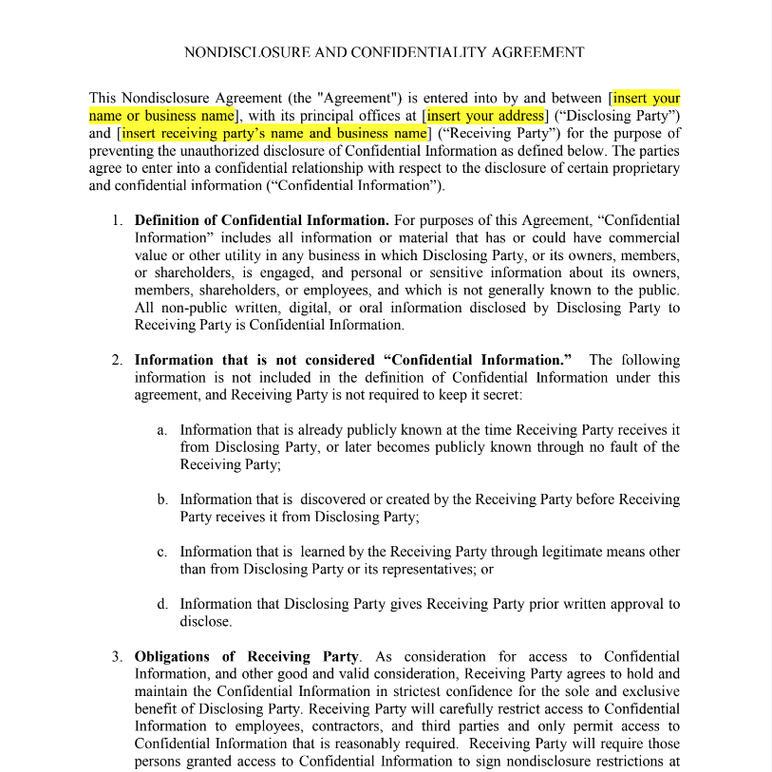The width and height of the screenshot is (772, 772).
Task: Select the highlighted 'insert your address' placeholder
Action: click(x=485, y=116)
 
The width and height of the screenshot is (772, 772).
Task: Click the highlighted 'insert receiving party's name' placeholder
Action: click(x=274, y=134)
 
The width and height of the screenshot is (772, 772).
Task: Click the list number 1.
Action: click(x=116, y=220)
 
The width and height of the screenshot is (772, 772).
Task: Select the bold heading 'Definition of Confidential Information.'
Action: click(x=261, y=220)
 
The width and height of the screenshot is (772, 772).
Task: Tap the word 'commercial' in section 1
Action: click(x=644, y=237)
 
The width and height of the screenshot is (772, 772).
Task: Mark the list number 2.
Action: click(x=116, y=360)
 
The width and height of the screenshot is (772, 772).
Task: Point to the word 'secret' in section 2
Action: click(x=487, y=395)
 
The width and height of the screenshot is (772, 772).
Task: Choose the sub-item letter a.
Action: click(x=162, y=430)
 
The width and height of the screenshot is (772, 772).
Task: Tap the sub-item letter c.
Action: click(x=162, y=552)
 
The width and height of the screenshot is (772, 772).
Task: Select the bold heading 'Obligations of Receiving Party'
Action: click(x=247, y=656)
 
